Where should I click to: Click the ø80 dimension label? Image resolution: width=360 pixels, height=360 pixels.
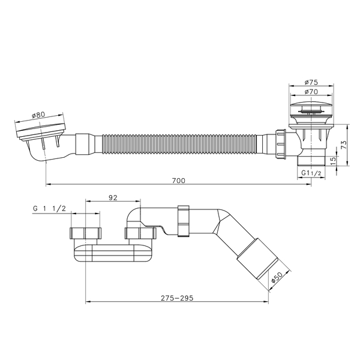pyautogui.click(x=38, y=115)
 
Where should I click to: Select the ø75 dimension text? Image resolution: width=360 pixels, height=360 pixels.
pyautogui.click(x=311, y=82)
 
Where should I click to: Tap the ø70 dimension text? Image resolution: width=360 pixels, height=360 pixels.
pyautogui.click(x=311, y=92)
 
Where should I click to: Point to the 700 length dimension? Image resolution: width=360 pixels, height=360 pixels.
pyautogui.click(x=178, y=181)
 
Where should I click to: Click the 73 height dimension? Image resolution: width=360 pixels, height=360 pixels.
pyautogui.click(x=344, y=145)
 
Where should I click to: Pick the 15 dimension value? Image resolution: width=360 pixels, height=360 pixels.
pyautogui.click(x=333, y=160)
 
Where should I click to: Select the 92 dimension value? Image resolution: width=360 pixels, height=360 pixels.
pyautogui.click(x=113, y=197)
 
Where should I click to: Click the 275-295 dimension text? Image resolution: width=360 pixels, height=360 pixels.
pyautogui.click(x=177, y=298)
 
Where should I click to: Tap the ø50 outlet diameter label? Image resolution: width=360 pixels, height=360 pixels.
pyautogui.click(x=277, y=277)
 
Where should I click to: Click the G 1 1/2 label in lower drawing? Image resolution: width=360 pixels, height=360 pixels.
pyautogui.click(x=49, y=208)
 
